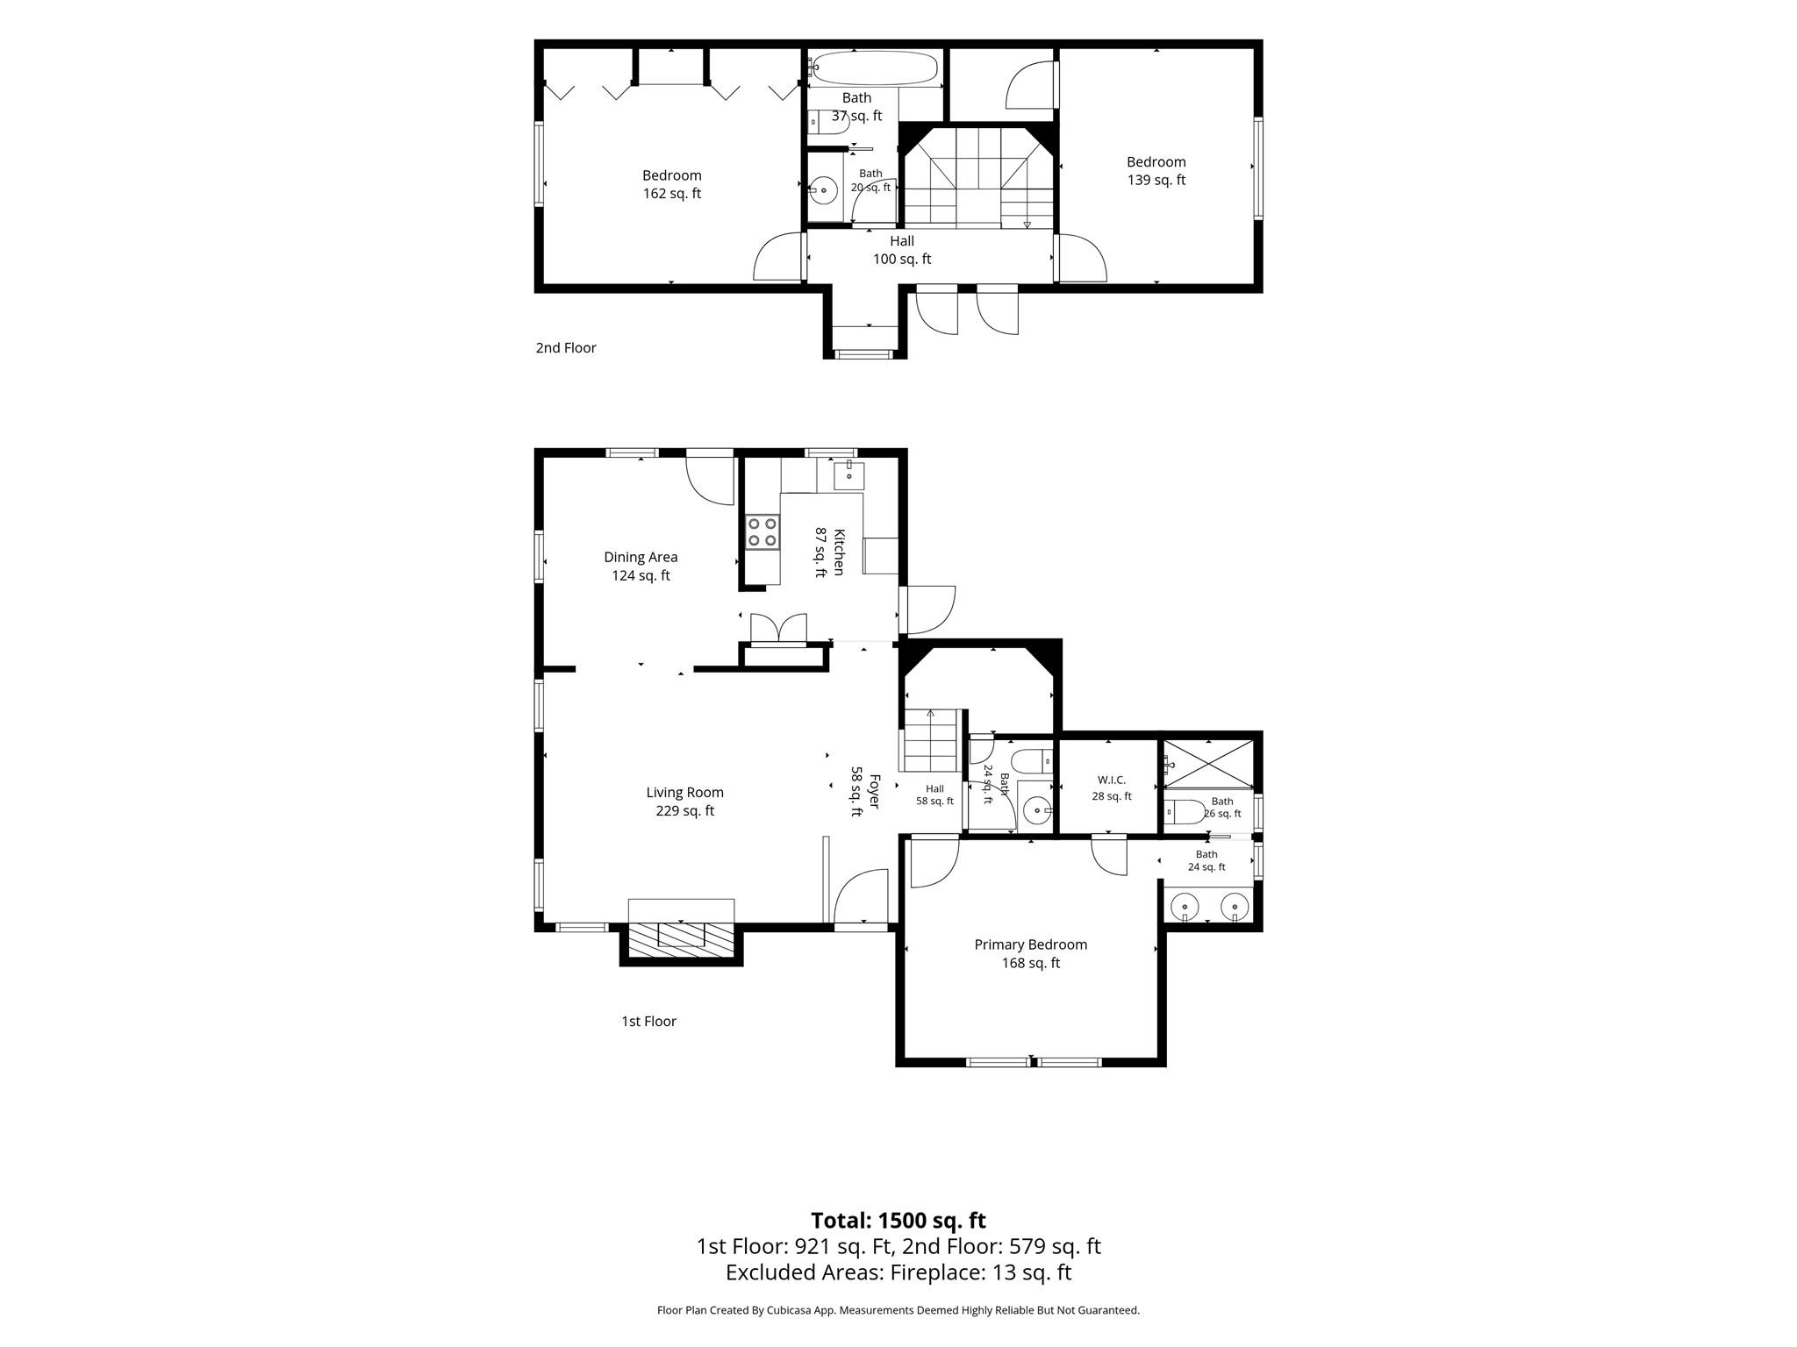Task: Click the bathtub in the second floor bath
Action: tap(874, 68)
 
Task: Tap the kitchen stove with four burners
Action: tap(762, 531)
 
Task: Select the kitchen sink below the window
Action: tap(848, 475)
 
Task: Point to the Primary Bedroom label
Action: tap(1030, 944)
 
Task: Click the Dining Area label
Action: tap(641, 557)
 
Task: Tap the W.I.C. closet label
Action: tap(1112, 780)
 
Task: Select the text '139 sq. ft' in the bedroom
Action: tap(1156, 180)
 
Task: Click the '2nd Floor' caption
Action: tap(566, 347)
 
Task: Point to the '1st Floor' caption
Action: tap(648, 1021)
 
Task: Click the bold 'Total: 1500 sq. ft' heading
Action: tap(898, 1220)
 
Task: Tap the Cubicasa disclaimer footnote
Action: tap(898, 1310)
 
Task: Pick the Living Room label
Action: tap(684, 792)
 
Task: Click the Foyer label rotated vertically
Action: tap(874, 791)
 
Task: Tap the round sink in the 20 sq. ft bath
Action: tap(823, 189)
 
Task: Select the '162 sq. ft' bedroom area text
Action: tap(671, 194)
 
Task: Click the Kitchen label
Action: tap(839, 552)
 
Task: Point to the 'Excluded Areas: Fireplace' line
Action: tap(898, 1272)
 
